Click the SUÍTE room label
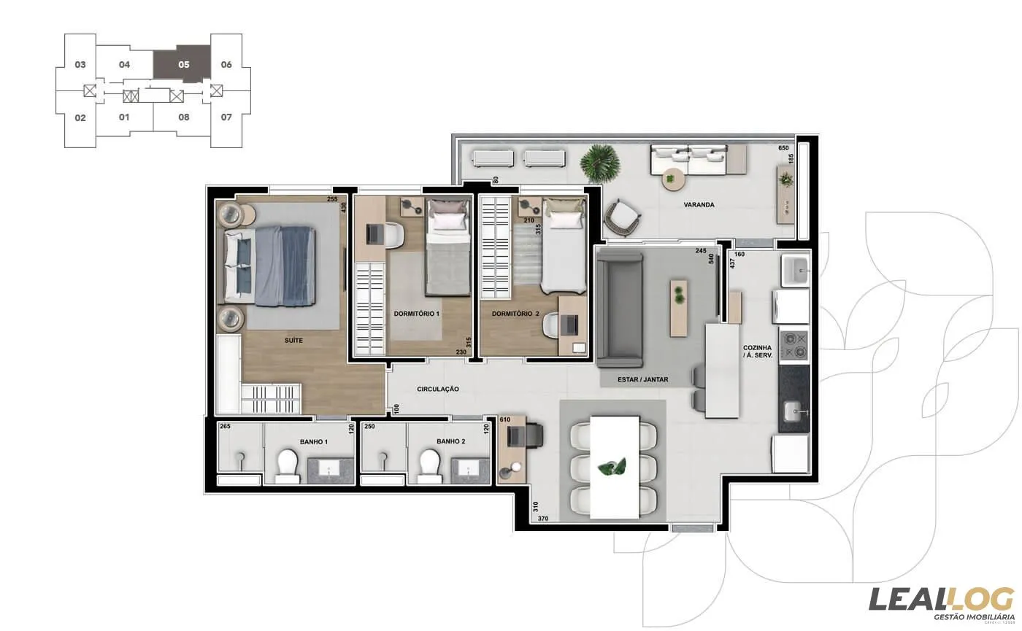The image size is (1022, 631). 294,341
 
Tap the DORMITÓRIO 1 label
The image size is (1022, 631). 417,314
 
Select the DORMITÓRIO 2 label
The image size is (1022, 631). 515,314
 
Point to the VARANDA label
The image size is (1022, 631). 699,205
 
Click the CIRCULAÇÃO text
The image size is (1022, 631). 438,390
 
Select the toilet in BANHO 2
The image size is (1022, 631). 429,466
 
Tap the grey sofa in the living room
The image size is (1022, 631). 620,307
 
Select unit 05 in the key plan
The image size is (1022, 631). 182,65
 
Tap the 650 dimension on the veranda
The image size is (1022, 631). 784,148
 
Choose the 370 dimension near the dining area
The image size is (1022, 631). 543,519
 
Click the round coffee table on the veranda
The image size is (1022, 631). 671,177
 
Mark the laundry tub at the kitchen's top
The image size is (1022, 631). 795,269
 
